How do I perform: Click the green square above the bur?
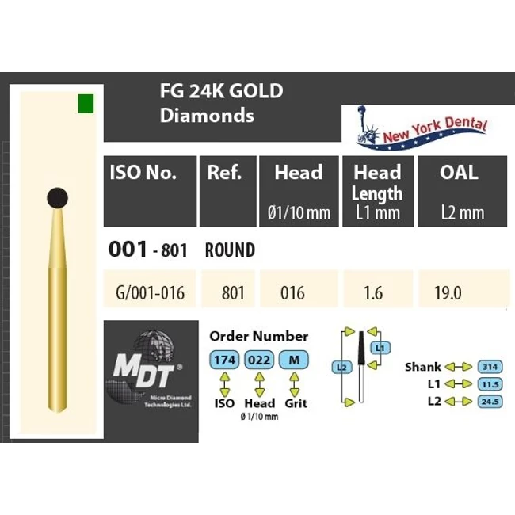click(86, 103)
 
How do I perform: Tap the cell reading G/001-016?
click(150, 292)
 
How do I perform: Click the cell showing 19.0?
click(448, 292)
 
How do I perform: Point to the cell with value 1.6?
click(372, 292)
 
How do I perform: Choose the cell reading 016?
click(293, 292)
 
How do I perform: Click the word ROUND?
click(230, 250)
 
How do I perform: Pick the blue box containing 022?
click(260, 360)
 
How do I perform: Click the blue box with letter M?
click(294, 360)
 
